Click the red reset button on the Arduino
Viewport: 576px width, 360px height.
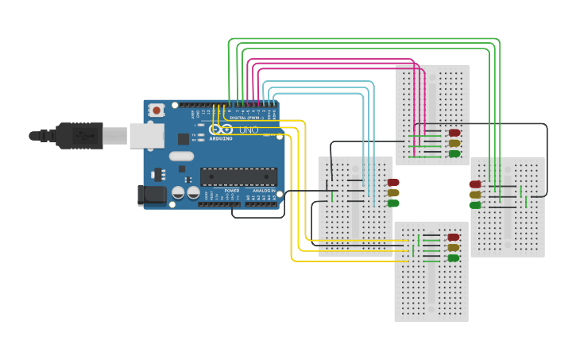pos(157,110)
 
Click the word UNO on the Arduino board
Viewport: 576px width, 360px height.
pos(249,130)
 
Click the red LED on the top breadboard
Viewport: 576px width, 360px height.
pos(454,133)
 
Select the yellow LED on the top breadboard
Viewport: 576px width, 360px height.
pos(454,143)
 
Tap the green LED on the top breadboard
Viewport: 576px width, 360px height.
pos(454,153)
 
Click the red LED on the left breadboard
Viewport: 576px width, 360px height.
pos(393,182)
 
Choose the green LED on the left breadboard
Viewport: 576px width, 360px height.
pos(393,203)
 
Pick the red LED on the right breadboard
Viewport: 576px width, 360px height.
pos(475,184)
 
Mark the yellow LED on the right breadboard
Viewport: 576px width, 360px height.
pos(475,195)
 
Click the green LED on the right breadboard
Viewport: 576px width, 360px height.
pos(475,205)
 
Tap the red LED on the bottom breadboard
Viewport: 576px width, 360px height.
pos(454,237)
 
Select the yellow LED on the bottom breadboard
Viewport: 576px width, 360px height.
pos(454,247)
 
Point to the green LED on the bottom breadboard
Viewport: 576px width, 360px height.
pos(454,257)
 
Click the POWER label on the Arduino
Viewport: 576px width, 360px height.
pos(232,191)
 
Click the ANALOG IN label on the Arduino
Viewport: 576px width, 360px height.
pos(264,191)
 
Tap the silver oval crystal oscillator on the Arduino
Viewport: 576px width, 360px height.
pos(180,156)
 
